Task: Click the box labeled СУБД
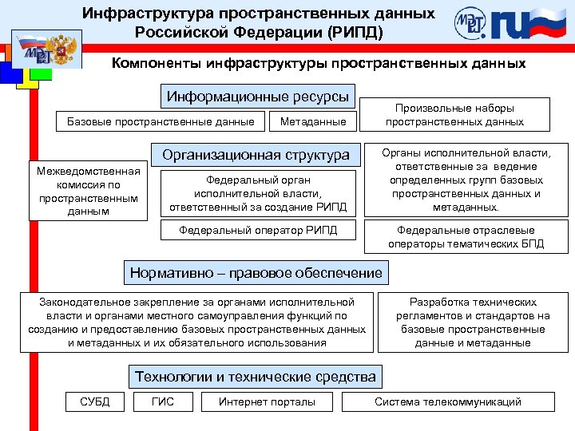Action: point(95,401)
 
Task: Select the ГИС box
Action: point(162,401)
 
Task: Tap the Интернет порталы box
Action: point(267,401)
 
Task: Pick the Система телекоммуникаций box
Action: point(448,401)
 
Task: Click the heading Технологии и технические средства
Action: point(256,377)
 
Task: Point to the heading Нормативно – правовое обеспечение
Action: point(256,273)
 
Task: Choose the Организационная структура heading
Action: point(256,155)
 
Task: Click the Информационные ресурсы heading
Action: point(258,97)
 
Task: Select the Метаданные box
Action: point(313,121)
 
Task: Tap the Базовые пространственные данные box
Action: point(161,121)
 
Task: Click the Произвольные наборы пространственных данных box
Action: point(455,115)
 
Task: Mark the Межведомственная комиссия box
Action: point(88,191)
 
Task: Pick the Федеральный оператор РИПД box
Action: point(258,231)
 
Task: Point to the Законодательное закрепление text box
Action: point(197,322)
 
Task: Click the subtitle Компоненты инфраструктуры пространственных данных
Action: point(319,63)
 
